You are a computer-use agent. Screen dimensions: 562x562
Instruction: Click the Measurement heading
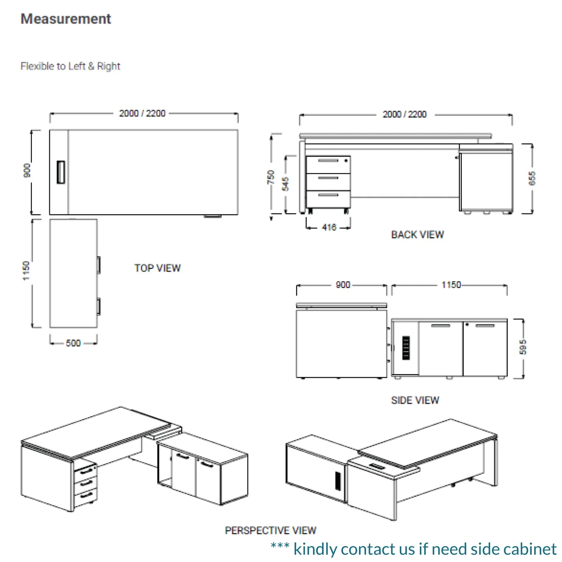coord(66,19)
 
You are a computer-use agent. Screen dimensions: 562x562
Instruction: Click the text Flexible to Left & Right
coord(70,66)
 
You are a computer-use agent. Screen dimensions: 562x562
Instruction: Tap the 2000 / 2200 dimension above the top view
coord(142,113)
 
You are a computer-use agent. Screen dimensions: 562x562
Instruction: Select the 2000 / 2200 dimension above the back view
coord(404,114)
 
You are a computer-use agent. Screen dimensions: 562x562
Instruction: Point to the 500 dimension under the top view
coord(73,343)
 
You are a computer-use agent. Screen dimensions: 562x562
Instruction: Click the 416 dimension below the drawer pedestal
coord(329,227)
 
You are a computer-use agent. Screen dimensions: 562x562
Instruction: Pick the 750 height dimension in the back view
coord(271,177)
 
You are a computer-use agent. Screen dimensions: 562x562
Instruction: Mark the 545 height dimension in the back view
coord(285,184)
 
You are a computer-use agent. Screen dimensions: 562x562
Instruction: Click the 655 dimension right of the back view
coord(532,178)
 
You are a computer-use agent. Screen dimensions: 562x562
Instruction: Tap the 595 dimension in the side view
coord(523,347)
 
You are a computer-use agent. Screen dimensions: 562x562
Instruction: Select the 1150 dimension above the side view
coord(451,285)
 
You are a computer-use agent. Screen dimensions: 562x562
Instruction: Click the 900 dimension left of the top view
coord(27,170)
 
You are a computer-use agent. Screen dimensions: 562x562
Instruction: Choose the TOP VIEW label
coord(158,268)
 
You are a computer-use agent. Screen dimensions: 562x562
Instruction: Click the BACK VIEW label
coord(417,235)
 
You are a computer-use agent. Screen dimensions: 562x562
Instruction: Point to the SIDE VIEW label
coord(415,400)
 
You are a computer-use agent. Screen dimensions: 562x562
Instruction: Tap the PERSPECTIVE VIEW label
coord(270,530)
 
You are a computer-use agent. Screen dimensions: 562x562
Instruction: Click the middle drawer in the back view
coord(328,182)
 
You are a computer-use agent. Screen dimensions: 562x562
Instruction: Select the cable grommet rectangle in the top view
coord(61,172)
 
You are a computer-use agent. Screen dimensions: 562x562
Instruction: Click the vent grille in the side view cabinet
coord(406,348)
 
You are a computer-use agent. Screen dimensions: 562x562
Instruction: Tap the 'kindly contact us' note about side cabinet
coord(414,549)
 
